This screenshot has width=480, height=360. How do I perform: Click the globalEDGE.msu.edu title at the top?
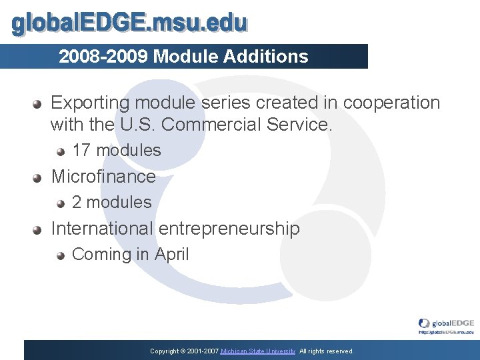[x=130, y=24]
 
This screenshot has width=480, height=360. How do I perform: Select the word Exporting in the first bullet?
[x=90, y=103]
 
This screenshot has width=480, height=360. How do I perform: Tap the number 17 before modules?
[x=81, y=151]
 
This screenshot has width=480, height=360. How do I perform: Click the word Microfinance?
[x=103, y=177]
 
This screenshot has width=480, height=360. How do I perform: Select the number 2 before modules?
[x=77, y=202]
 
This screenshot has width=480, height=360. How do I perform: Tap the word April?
[x=172, y=255]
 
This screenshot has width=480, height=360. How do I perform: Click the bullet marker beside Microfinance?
[x=39, y=177]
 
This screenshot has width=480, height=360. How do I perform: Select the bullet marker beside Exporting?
[x=39, y=104]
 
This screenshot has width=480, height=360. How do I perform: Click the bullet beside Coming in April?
[x=61, y=255]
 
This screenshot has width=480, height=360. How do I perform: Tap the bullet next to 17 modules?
[x=61, y=151]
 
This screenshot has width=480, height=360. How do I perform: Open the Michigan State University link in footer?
[x=258, y=351]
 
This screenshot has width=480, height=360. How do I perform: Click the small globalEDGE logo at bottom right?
[x=446, y=325]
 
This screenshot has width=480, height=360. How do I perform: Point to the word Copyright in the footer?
[x=164, y=351]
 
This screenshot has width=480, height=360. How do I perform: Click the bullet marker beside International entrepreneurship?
[x=39, y=229]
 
